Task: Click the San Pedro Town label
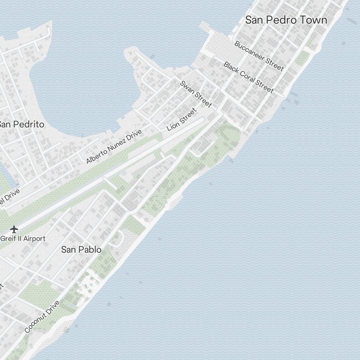pyautogui.click(x=286, y=20)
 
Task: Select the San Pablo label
pyautogui.click(x=81, y=249)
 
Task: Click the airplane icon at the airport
pyautogui.click(x=14, y=229)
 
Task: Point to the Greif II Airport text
pyautogui.click(x=23, y=238)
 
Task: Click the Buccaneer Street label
pyautogui.click(x=259, y=56)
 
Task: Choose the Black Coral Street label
pyautogui.click(x=249, y=77)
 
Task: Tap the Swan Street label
pyautogui.click(x=196, y=94)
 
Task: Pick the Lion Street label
pyautogui.click(x=182, y=120)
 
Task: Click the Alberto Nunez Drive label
pyautogui.click(x=114, y=147)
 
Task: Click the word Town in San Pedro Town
pyautogui.click(x=314, y=20)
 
